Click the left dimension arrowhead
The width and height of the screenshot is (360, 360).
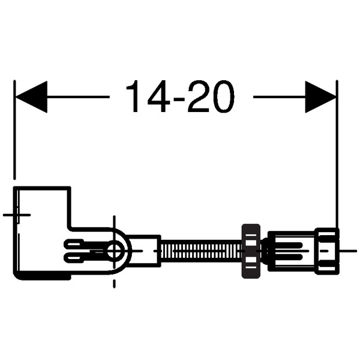pyautogui.click(x=31, y=97)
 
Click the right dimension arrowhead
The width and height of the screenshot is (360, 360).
pyautogui.click(x=321, y=97)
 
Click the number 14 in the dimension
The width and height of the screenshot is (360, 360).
pyautogui.click(x=148, y=96)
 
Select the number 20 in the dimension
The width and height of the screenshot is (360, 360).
pyautogui.click(x=211, y=96)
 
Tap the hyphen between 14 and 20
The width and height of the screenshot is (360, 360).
pyautogui.click(x=179, y=99)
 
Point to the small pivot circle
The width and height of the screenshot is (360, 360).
pyautogui.click(x=114, y=251)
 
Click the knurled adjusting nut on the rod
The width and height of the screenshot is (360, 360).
pyautogui.click(x=251, y=251)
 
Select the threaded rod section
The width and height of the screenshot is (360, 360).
pyautogui.click(x=201, y=251)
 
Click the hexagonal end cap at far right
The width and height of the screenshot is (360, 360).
pyautogui.click(x=327, y=251)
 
